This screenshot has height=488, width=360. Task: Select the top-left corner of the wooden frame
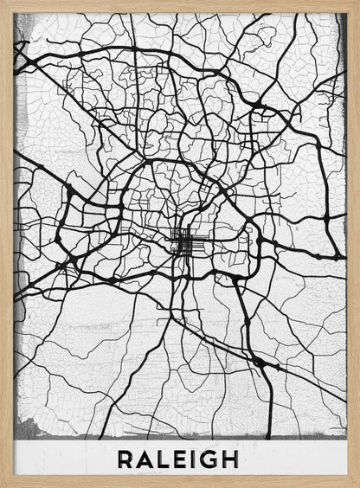click(x=3, y=3)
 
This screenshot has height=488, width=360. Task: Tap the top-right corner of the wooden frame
click(x=356, y=3)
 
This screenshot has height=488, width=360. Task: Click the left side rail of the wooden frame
click(x=6, y=242)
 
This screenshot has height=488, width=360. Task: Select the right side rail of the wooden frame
click(x=353, y=242)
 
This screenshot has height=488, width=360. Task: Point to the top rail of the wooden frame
click(x=180, y=5)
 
